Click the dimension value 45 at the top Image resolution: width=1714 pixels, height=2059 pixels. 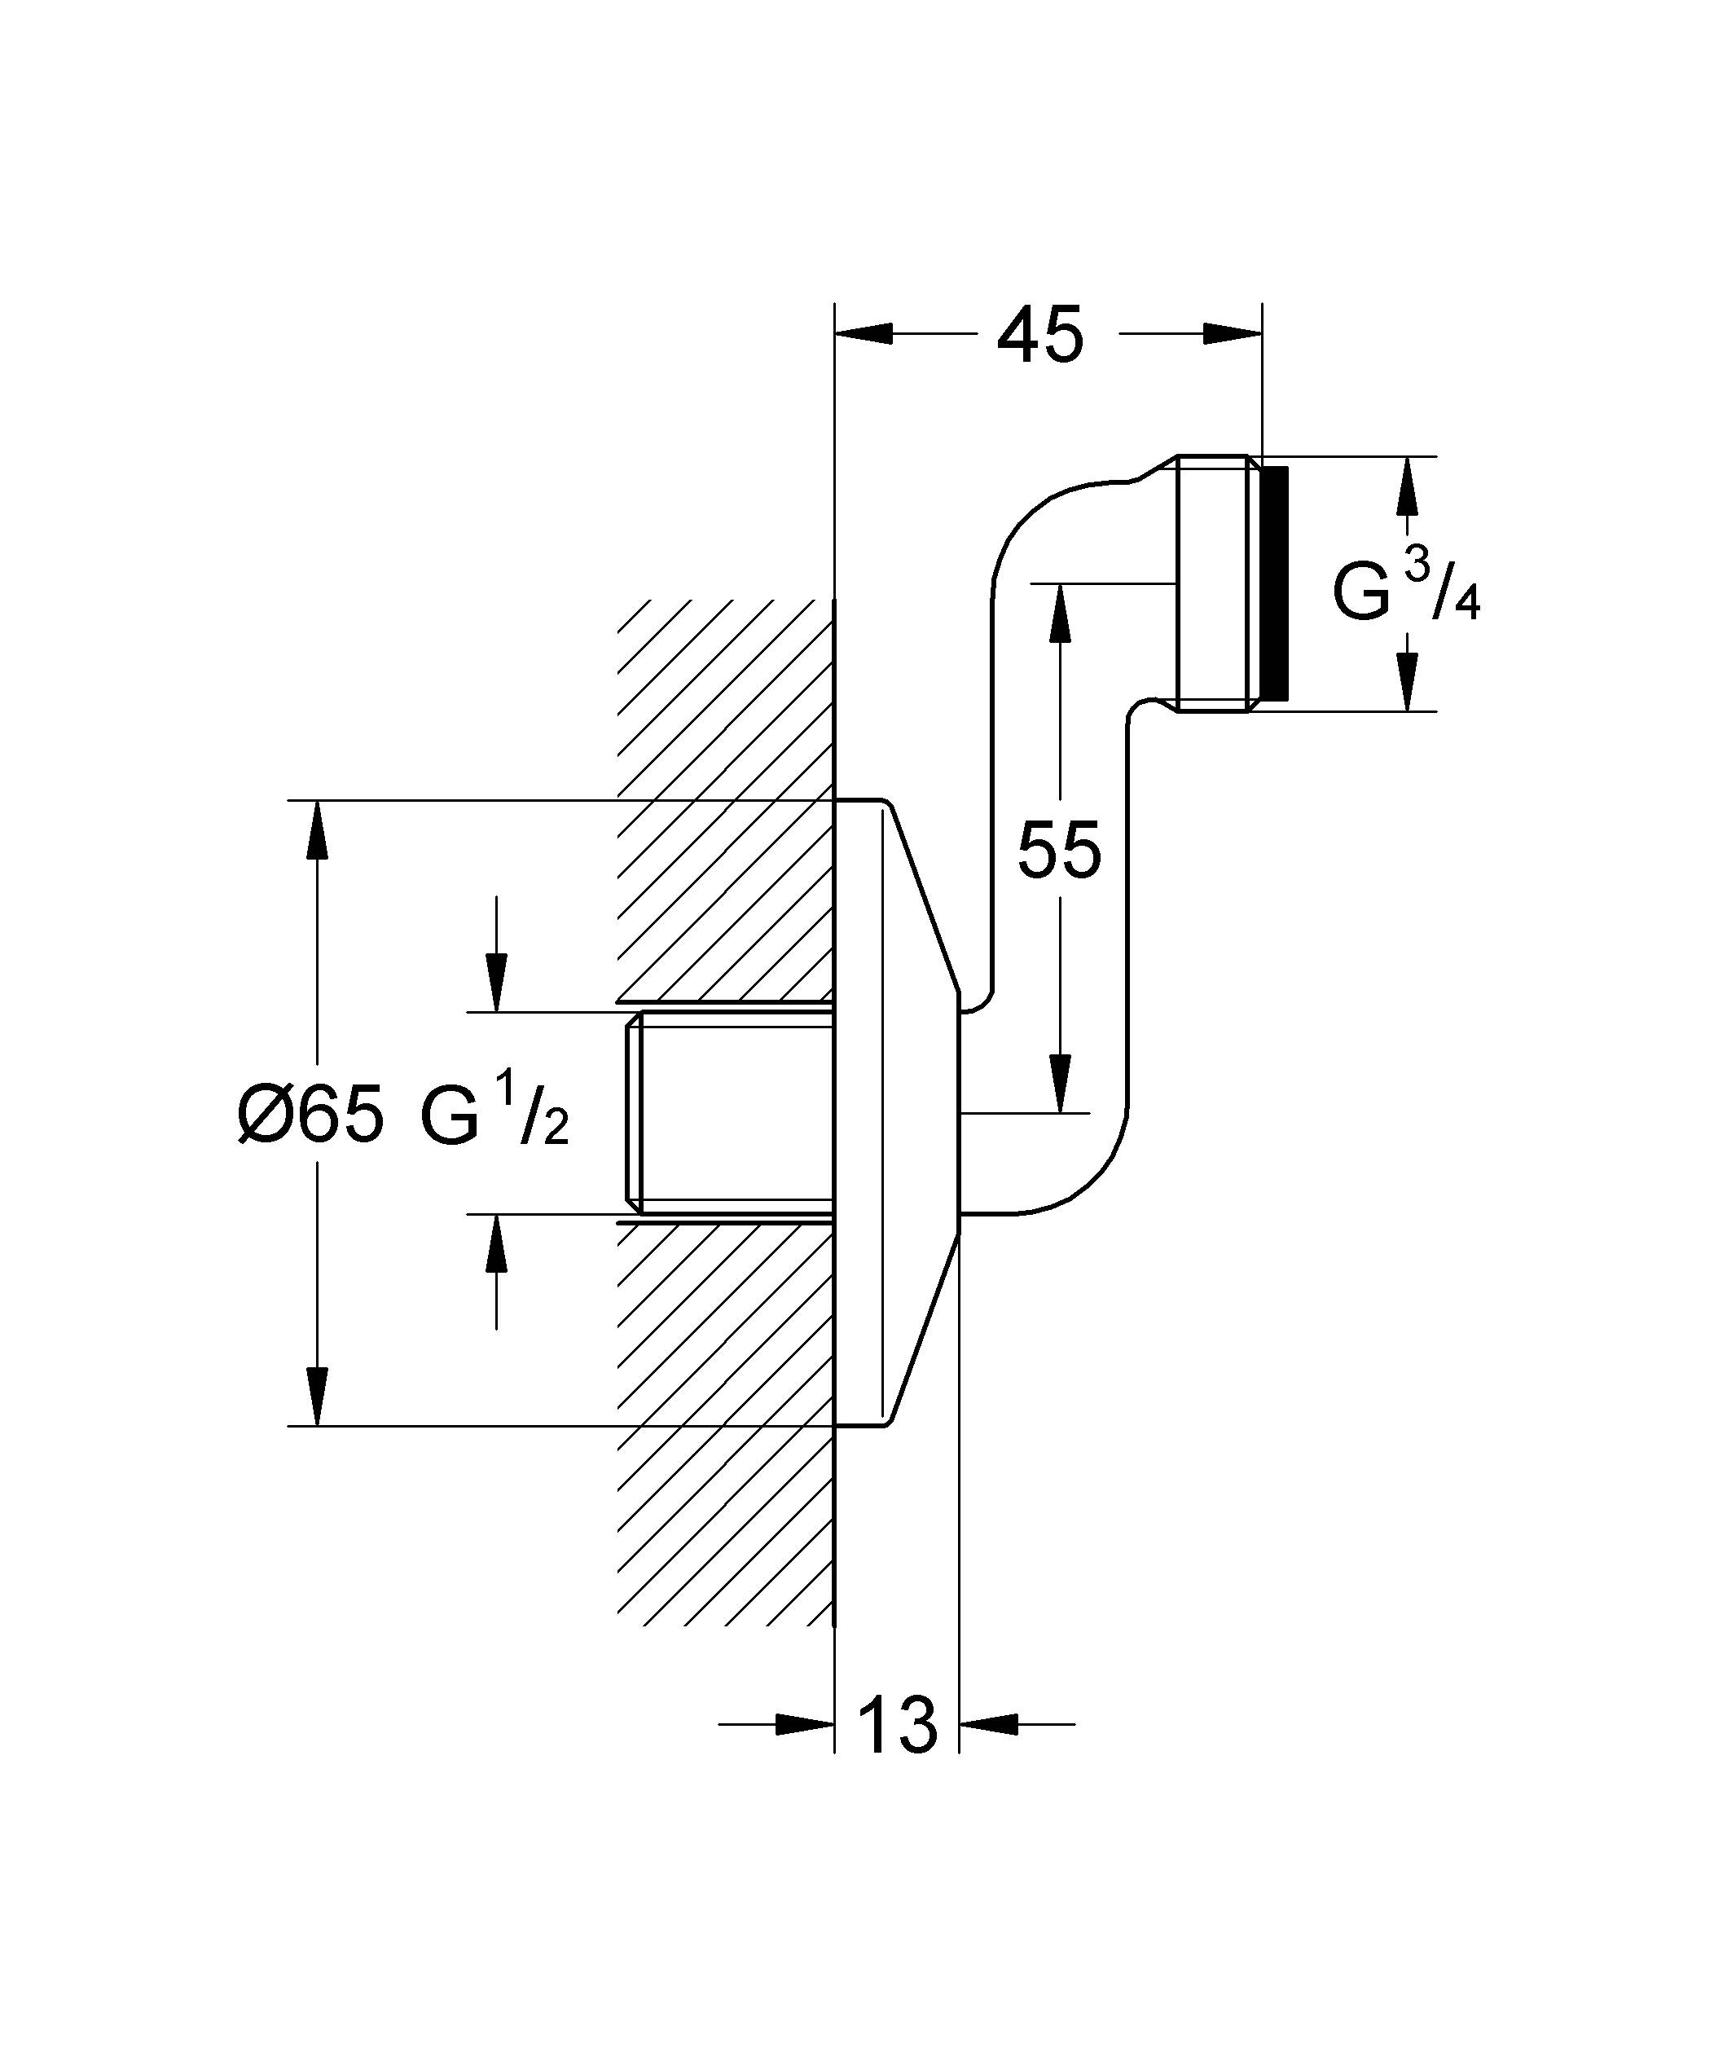click(x=1039, y=336)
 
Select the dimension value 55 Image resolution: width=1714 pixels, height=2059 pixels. click(x=1059, y=850)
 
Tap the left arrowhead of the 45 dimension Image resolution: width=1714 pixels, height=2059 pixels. click(x=863, y=334)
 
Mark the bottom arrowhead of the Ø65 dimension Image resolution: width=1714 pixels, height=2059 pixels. click(x=317, y=1397)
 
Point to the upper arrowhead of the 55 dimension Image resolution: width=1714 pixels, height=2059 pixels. click(x=1059, y=613)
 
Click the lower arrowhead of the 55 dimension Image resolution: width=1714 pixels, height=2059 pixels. click(x=1059, y=1084)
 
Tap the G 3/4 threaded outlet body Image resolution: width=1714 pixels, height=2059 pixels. click(x=1214, y=583)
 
